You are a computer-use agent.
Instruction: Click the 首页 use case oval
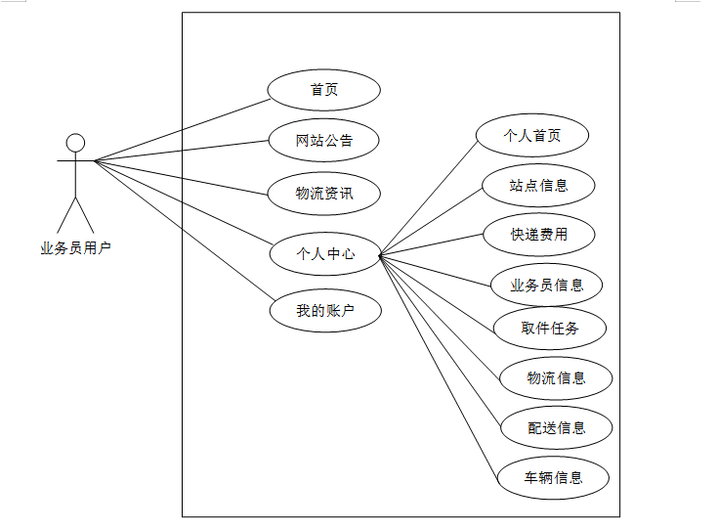coord(323,90)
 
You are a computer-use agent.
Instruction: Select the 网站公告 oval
coord(323,141)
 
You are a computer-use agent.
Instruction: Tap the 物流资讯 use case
coord(323,193)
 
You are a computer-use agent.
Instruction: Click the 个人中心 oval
coord(325,254)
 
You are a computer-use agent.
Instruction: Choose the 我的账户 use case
coord(325,311)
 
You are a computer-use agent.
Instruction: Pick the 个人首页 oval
coord(532,136)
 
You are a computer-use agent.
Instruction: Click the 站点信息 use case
coord(538,184)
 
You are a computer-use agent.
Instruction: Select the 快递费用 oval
coord(538,235)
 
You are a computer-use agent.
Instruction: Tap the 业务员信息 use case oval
coord(547,286)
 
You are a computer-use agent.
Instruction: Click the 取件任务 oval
coord(550,329)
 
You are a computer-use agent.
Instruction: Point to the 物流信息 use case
coord(556,378)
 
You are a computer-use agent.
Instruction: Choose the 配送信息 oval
coord(556,427)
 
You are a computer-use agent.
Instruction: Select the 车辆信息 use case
coord(554,478)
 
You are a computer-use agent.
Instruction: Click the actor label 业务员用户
coord(75,248)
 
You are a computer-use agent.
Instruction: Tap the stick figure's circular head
coord(75,144)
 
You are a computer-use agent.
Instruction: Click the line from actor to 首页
coord(182,128)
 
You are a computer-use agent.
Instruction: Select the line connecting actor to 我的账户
coord(182,228)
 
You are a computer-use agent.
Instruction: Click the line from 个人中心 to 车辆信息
coord(439,367)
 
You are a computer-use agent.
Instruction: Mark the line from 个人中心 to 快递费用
coord(432,245)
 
